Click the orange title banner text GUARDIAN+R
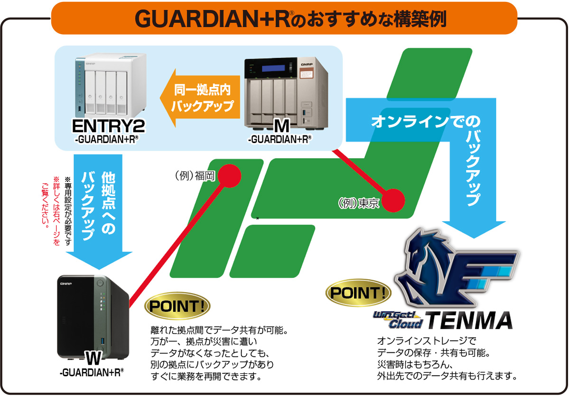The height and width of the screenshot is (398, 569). [x=213, y=19]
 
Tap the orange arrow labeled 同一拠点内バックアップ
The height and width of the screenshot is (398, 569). [x=200, y=98]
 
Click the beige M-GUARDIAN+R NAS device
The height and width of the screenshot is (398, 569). [x=286, y=93]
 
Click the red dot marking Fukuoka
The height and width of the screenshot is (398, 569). [x=229, y=176]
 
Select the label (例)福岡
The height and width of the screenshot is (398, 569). [x=195, y=176]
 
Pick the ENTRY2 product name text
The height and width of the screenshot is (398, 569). [x=109, y=126]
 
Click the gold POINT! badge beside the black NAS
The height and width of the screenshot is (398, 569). [x=177, y=306]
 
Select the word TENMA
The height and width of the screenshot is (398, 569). [x=469, y=320]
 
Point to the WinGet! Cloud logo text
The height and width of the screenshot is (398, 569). [x=399, y=320]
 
